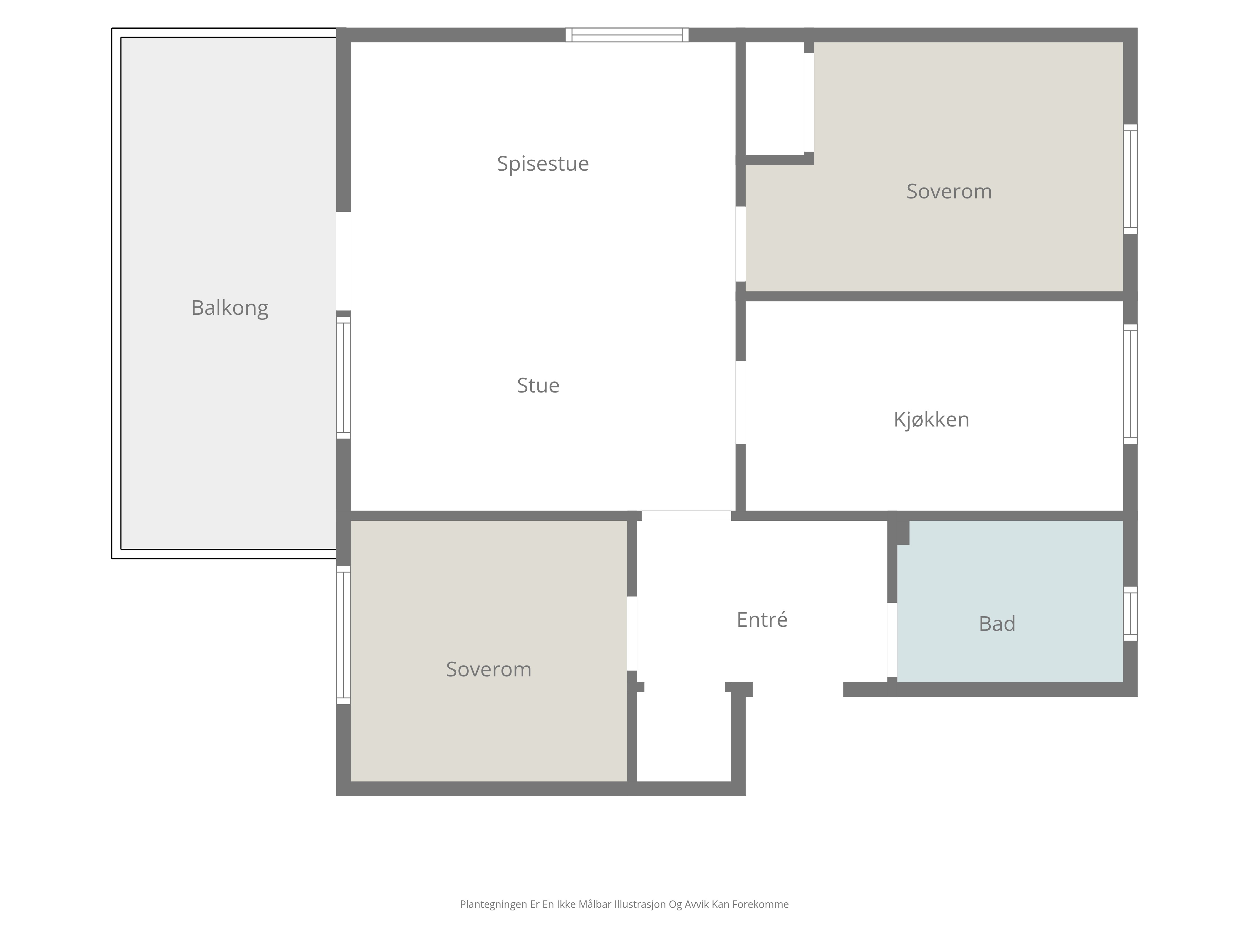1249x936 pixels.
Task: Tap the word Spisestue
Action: point(543,163)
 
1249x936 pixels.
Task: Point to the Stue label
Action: point(538,385)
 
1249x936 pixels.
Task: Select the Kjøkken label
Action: point(931,420)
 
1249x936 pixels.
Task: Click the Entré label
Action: point(762,620)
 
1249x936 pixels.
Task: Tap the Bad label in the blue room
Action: point(997,623)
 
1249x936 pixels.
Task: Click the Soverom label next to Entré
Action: point(488,669)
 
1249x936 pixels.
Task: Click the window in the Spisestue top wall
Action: point(627,35)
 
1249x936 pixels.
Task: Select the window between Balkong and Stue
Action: point(343,377)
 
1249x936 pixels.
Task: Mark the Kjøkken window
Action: point(1130,384)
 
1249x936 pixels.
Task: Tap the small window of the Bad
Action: point(1130,613)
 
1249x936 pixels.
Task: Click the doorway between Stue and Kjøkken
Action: point(740,402)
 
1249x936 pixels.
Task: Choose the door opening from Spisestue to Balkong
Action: point(343,261)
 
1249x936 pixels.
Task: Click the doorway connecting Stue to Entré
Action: point(686,516)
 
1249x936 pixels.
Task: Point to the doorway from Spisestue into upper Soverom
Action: point(740,244)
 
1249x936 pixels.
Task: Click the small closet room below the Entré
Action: point(684,736)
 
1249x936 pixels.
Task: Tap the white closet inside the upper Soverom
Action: point(775,98)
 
